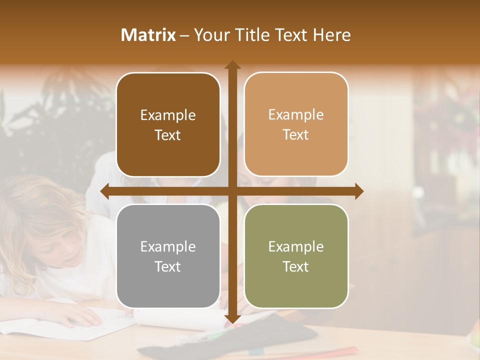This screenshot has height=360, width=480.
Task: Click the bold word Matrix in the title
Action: coord(148,35)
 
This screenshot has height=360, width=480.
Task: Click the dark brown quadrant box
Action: coord(168,124)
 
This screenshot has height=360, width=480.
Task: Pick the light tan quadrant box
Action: coord(296,124)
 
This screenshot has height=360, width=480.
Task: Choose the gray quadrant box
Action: coord(168,256)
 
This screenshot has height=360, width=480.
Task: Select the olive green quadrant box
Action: coord(296,256)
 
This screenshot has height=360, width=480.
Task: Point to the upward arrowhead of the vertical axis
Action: coord(232,65)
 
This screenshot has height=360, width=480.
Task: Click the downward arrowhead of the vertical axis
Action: coord(232,318)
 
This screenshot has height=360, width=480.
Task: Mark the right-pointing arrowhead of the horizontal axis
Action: coord(359,191)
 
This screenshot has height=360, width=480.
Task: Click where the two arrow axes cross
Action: coord(232,191)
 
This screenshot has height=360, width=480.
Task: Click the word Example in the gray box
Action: coord(168,246)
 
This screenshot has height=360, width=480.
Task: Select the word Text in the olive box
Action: coord(296,266)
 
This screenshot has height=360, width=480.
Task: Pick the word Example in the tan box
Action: coord(296,114)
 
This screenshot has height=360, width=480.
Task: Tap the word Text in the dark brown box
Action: coord(168,135)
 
